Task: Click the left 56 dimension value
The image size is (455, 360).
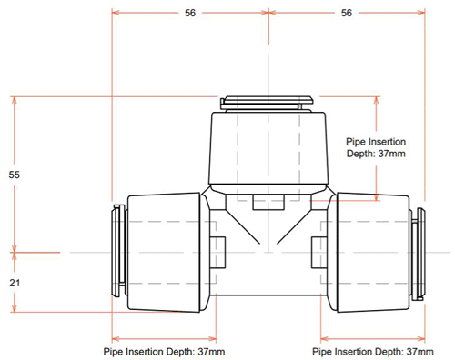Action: [190, 13]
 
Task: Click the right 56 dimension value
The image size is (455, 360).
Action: [347, 13]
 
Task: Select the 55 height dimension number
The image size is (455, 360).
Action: [15, 175]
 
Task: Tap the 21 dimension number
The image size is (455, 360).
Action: [15, 283]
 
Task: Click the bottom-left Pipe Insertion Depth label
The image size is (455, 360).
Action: [164, 352]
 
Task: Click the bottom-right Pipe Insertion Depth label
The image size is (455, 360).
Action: [373, 352]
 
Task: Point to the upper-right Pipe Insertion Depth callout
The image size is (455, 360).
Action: [376, 147]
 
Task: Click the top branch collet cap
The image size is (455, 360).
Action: [267, 103]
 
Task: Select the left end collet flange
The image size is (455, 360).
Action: [118, 251]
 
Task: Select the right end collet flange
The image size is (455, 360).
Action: [419, 254]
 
